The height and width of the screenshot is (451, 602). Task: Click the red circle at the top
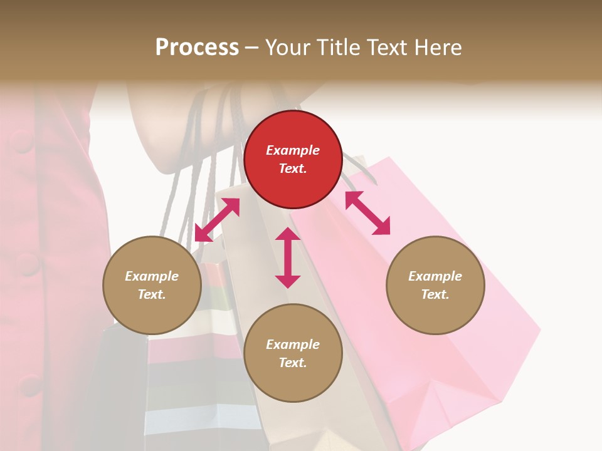pos(293,159)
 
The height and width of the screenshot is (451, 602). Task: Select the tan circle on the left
pos(152,285)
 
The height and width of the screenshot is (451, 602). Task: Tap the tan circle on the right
pos(435,285)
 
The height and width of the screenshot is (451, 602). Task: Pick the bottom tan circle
pos(293,353)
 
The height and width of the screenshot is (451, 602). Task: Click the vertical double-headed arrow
pos(288,257)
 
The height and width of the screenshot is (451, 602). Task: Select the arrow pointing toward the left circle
pos(217,220)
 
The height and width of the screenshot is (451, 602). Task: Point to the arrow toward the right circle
pos(367,213)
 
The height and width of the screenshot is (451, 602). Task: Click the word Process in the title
pos(197,47)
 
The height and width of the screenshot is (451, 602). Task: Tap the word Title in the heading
pos(337,47)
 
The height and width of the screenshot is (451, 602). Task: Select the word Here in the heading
pos(438,47)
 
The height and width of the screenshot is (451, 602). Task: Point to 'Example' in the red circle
pos(293,150)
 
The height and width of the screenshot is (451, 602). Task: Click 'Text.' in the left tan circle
pos(152,294)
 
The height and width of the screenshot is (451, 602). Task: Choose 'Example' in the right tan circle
pos(435,276)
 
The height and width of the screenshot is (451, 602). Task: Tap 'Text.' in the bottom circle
pos(293,363)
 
